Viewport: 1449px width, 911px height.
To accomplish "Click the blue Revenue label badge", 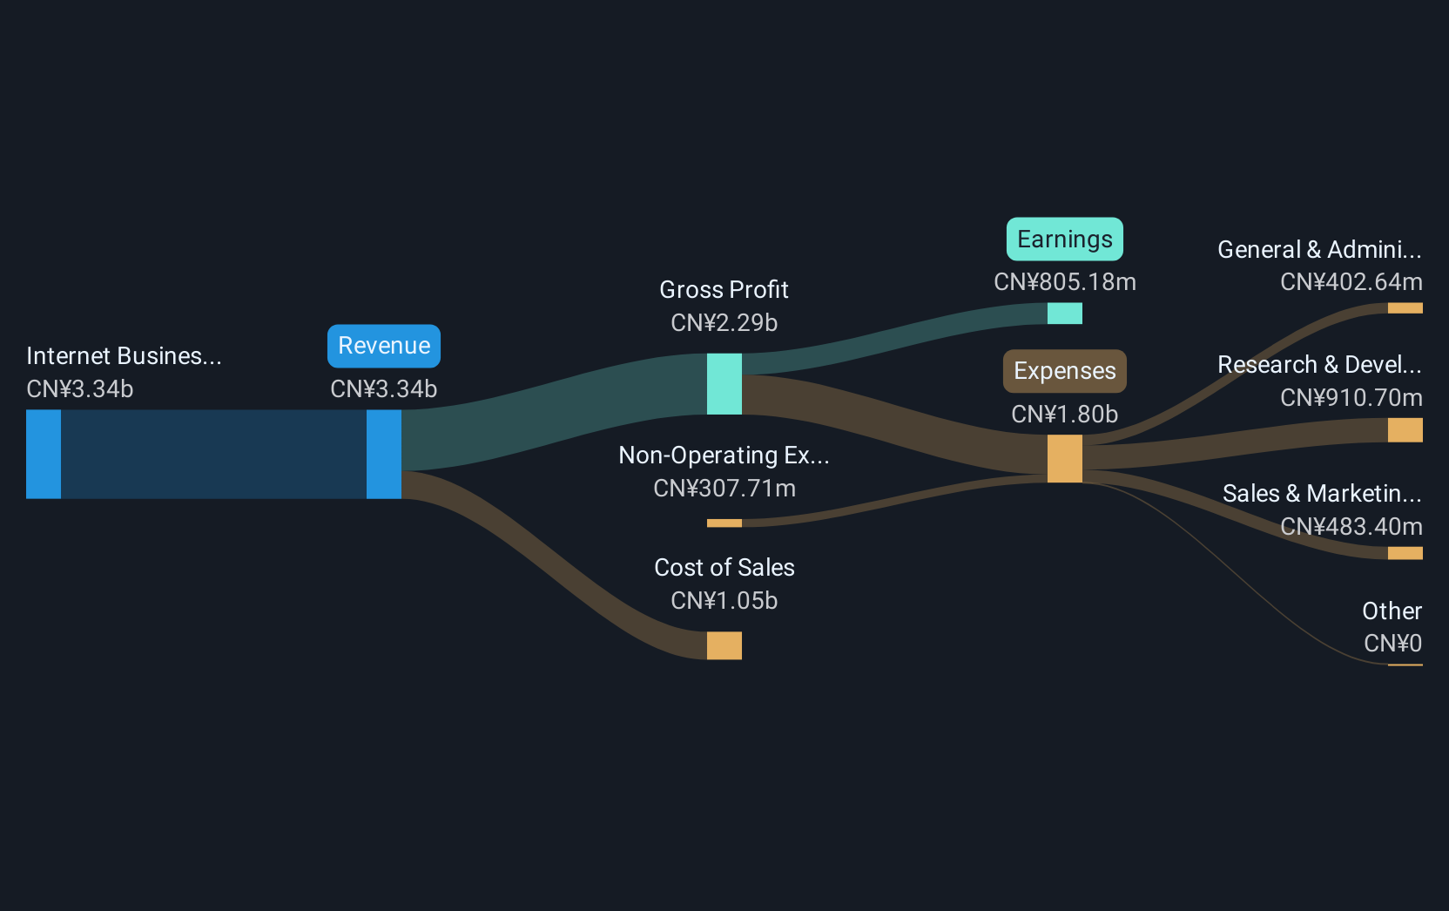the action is pyautogui.click(x=384, y=346).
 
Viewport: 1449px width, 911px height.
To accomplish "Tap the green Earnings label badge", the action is pyautogui.click(x=1065, y=240).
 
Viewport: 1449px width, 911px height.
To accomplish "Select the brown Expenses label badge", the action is pyautogui.click(x=1065, y=371).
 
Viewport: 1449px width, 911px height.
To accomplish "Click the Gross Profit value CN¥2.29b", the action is pyautogui.click(x=724, y=323).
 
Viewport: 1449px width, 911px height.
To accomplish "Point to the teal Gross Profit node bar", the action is pyautogui.click(x=724, y=384).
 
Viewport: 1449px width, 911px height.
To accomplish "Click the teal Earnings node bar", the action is pyautogui.click(x=1065, y=314).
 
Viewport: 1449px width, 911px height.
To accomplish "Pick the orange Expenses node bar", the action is pyautogui.click(x=1065, y=459).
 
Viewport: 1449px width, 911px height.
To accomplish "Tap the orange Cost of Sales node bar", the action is pyautogui.click(x=724, y=645).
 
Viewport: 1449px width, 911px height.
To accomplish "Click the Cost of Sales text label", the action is pyautogui.click(x=724, y=568).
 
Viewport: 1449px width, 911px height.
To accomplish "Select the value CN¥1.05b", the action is pyautogui.click(x=724, y=601).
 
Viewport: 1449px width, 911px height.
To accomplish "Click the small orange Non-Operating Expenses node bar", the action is pyautogui.click(x=724, y=523).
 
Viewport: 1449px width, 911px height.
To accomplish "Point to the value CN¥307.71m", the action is pyautogui.click(x=724, y=489).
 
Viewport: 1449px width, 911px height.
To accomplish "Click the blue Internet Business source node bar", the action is pyautogui.click(x=44, y=455).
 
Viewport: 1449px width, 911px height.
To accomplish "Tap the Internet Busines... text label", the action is pyautogui.click(x=124, y=356).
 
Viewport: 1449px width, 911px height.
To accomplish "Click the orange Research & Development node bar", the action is pyautogui.click(x=1405, y=430).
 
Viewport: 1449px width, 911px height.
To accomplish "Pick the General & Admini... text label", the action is pyautogui.click(x=1319, y=250).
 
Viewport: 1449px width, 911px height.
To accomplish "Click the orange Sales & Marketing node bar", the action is pyautogui.click(x=1405, y=553).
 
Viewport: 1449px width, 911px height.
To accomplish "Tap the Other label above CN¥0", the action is pyautogui.click(x=1392, y=611).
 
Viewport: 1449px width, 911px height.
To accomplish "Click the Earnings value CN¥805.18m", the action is pyautogui.click(x=1065, y=282).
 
